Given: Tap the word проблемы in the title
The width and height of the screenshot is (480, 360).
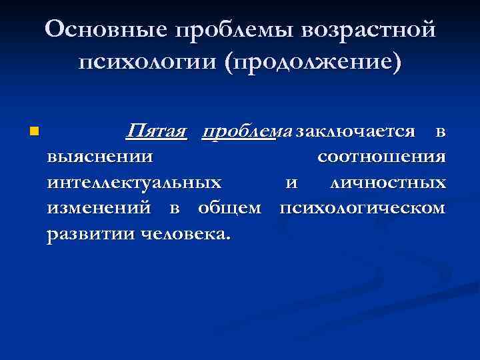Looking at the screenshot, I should [234, 29].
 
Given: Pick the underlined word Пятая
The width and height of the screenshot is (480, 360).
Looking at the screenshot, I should [156, 131].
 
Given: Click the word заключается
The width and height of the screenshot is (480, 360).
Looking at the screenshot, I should [356, 131].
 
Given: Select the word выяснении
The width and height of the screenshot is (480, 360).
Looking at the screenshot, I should [100, 157].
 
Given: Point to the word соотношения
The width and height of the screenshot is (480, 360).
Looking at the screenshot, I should [381, 157].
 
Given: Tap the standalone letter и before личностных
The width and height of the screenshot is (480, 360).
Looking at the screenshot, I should [291, 183].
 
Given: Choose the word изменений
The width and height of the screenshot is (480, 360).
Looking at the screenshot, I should [102, 208].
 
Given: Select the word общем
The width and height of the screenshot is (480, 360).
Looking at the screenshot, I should [229, 208].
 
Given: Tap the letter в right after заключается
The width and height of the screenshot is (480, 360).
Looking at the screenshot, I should [440, 131].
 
